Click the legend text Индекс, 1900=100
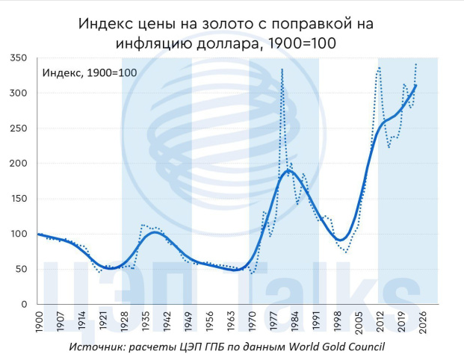click(x=89, y=72)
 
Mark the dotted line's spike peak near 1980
click(x=282, y=69)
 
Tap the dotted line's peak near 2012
click(x=379, y=68)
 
